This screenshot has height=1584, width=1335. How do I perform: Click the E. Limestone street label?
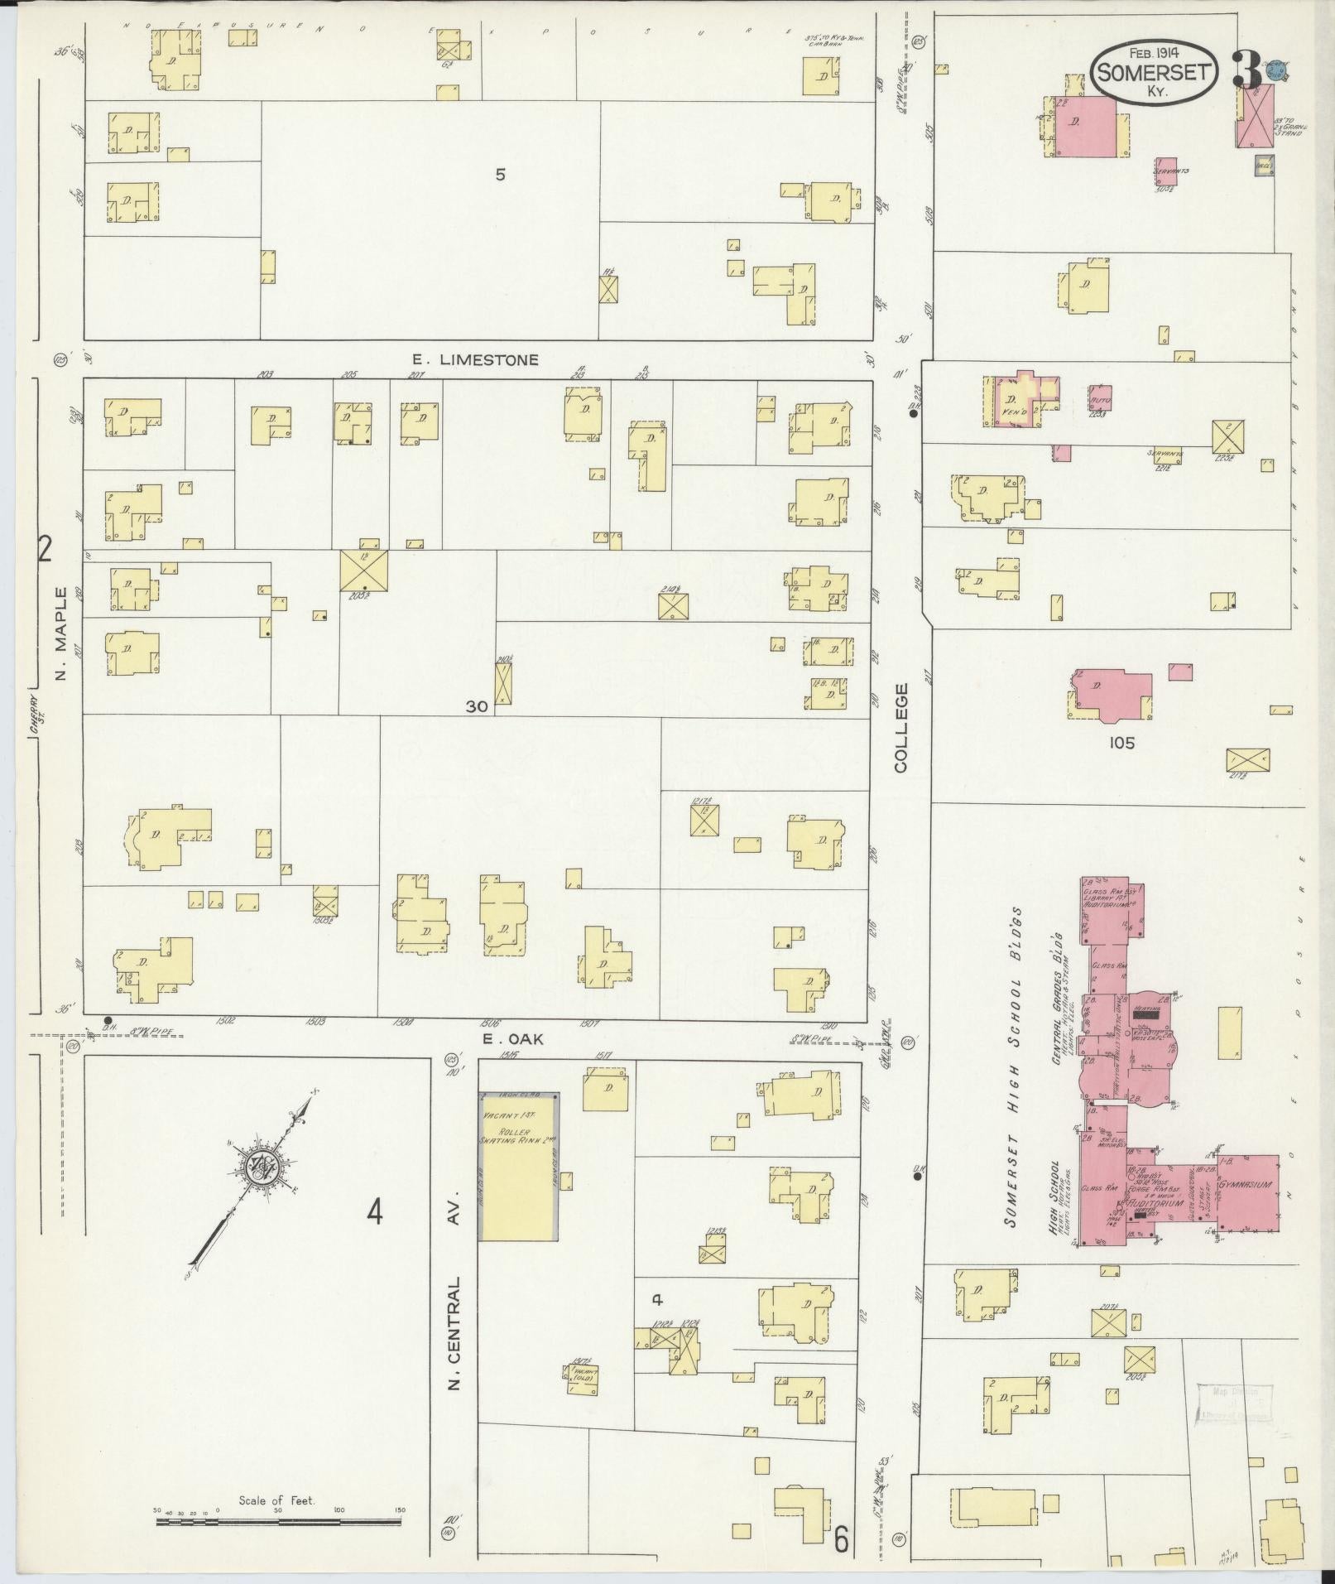(x=476, y=359)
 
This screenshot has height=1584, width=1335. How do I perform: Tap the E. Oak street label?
(x=513, y=1038)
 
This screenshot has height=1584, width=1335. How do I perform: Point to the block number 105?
(x=1121, y=743)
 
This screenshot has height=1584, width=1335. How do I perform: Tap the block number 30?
(x=477, y=706)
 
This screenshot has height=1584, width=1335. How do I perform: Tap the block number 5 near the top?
(x=500, y=175)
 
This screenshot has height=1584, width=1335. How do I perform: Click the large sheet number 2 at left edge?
(x=45, y=548)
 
